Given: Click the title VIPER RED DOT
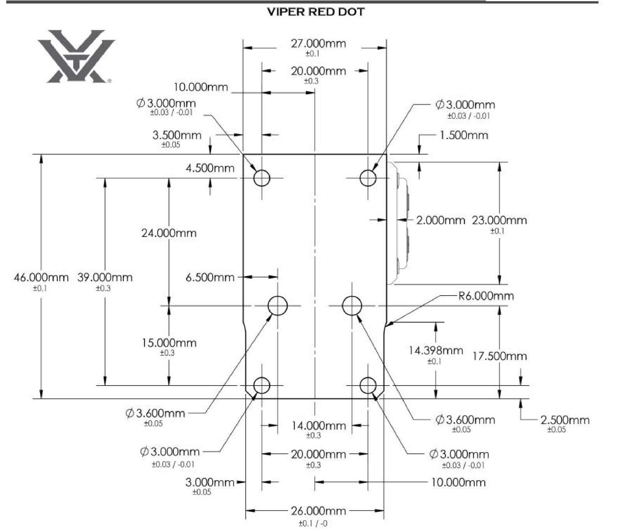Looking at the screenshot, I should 315,12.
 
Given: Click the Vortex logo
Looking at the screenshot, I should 76,56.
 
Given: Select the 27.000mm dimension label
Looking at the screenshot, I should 318,44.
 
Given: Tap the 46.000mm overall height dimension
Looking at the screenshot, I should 41,278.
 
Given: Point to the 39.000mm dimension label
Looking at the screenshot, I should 105,278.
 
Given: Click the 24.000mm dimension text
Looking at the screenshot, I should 169,233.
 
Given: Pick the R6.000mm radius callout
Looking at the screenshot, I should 486,296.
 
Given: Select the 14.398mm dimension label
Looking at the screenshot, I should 435,351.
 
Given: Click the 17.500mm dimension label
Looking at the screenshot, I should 500,356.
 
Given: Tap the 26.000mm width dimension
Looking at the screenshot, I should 318,511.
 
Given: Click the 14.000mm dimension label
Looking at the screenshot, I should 318,426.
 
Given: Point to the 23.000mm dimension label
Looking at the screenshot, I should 499,220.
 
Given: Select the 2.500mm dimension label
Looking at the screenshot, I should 565,420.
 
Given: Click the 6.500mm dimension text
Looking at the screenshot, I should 210,277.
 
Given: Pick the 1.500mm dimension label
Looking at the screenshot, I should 463,136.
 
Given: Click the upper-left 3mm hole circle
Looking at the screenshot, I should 262,178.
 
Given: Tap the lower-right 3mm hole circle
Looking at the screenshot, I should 368,386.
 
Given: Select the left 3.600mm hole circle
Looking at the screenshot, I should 278,305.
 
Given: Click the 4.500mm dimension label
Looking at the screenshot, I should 210,168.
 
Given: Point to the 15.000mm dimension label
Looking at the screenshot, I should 169,343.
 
